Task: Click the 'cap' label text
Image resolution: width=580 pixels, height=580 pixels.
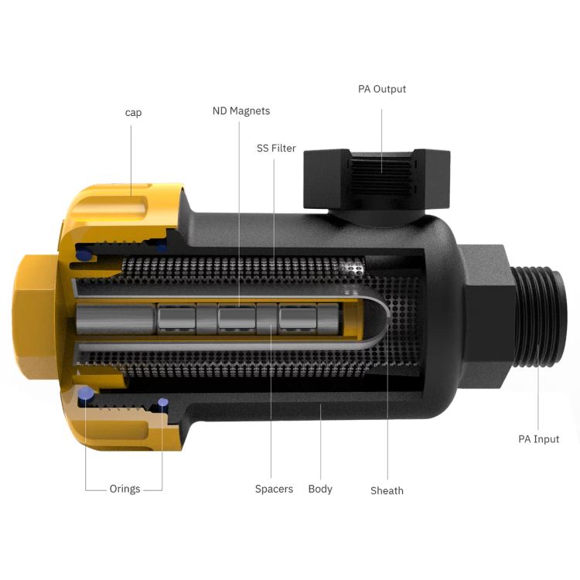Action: pyautogui.click(x=133, y=112)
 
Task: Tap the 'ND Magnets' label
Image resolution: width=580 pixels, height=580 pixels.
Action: pyautogui.click(x=241, y=111)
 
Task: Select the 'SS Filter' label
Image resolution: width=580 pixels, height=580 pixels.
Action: pyautogui.click(x=276, y=148)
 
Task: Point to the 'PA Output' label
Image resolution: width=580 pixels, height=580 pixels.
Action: pyautogui.click(x=382, y=89)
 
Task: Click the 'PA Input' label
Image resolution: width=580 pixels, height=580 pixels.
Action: pyautogui.click(x=538, y=439)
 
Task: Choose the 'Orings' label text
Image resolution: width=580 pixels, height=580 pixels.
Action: pyautogui.click(x=125, y=489)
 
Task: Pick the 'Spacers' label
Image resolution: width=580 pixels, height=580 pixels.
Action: pyautogui.click(x=274, y=489)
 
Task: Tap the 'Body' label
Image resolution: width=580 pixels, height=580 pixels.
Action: pyautogui.click(x=320, y=489)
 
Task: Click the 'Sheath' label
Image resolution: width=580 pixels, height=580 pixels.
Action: pyautogui.click(x=387, y=490)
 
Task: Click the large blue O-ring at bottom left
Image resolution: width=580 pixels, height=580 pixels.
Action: pyautogui.click(x=85, y=393)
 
